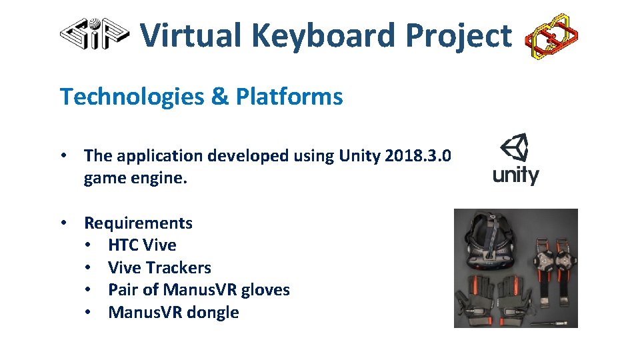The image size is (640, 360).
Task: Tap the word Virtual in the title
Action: [191, 35]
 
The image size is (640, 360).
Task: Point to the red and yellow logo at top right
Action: [551, 36]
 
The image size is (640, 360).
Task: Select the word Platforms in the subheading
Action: [289, 97]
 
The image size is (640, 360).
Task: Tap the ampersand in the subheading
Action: [219, 97]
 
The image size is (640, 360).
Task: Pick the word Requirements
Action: [138, 223]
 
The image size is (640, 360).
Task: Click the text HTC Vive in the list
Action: [142, 245]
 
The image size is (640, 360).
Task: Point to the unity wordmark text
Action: [515, 175]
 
